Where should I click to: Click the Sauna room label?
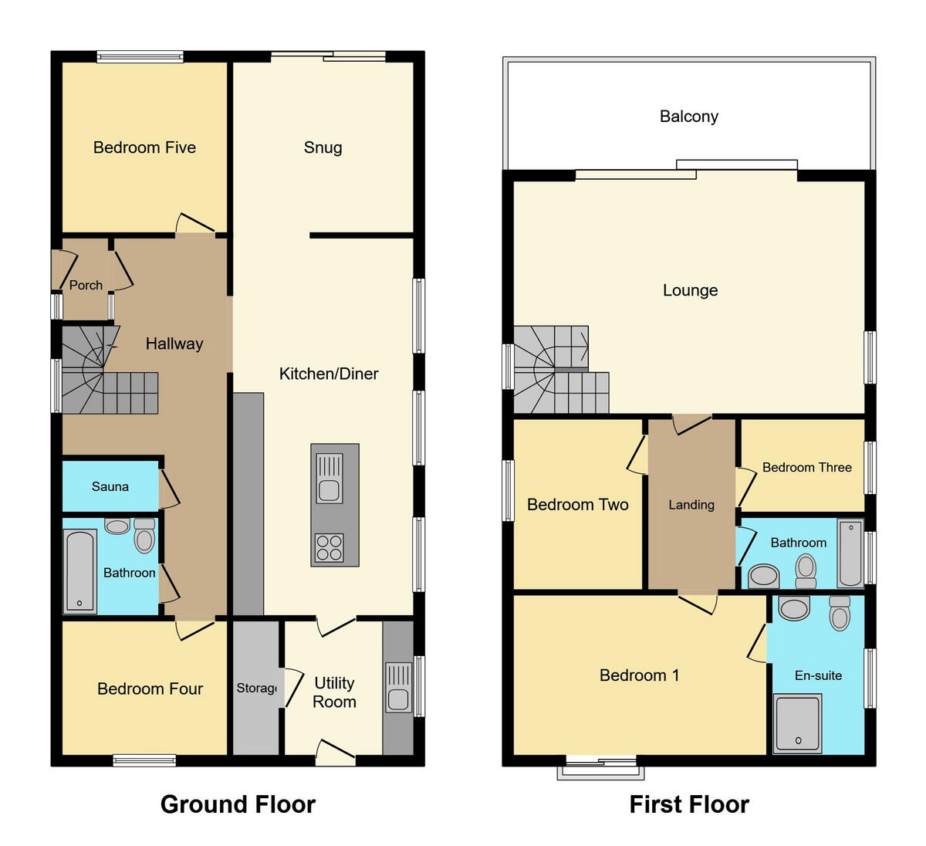click(110, 486)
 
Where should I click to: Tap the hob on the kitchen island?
click(329, 547)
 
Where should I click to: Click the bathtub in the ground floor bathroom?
click(79, 571)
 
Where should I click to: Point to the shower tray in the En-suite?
click(798, 722)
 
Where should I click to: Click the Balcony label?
click(688, 117)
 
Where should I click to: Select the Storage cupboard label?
click(256, 688)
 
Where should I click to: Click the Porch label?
click(86, 285)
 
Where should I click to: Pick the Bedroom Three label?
click(806, 467)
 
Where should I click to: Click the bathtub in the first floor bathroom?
click(850, 553)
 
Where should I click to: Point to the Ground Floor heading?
click(238, 804)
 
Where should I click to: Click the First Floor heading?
click(688, 804)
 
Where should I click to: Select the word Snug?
click(323, 147)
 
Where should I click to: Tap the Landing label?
click(691, 505)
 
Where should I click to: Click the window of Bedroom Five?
click(140, 56)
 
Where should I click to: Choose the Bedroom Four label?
click(150, 689)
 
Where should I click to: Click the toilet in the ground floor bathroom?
click(144, 536)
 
